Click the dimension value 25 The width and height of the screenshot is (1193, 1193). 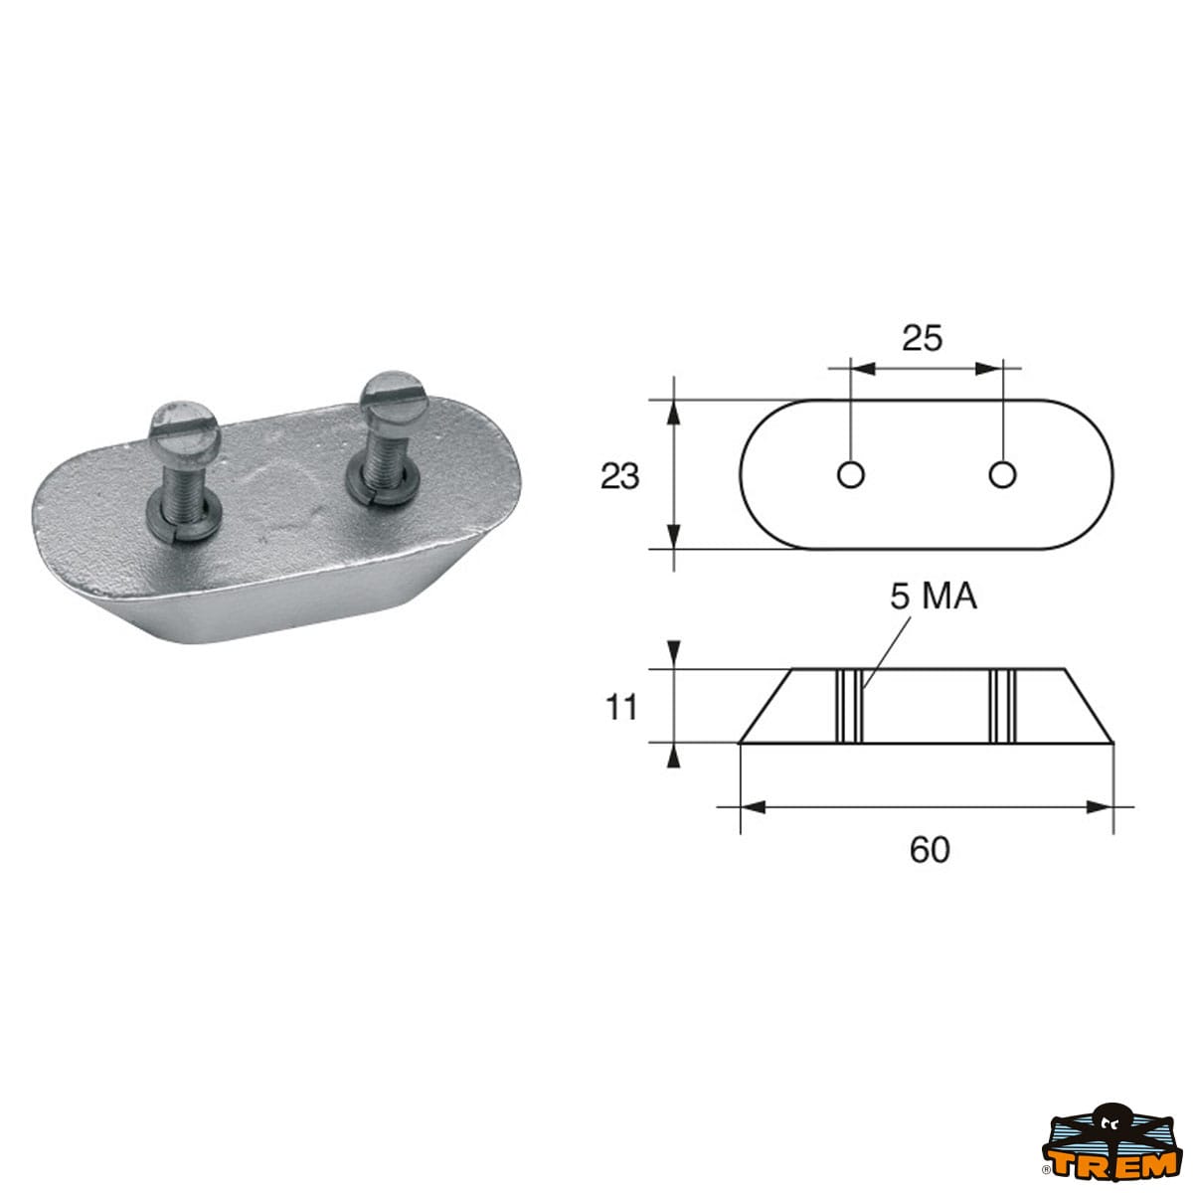coord(922,339)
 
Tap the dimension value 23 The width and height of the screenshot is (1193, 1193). coord(619,477)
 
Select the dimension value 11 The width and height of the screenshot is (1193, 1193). coord(621,708)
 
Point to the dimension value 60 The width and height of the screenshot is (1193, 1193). coord(930,850)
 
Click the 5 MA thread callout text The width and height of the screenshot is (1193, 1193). coord(934,596)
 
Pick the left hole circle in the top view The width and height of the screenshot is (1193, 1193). coord(850,475)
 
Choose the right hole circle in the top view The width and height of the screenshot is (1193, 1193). coord(1002,475)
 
